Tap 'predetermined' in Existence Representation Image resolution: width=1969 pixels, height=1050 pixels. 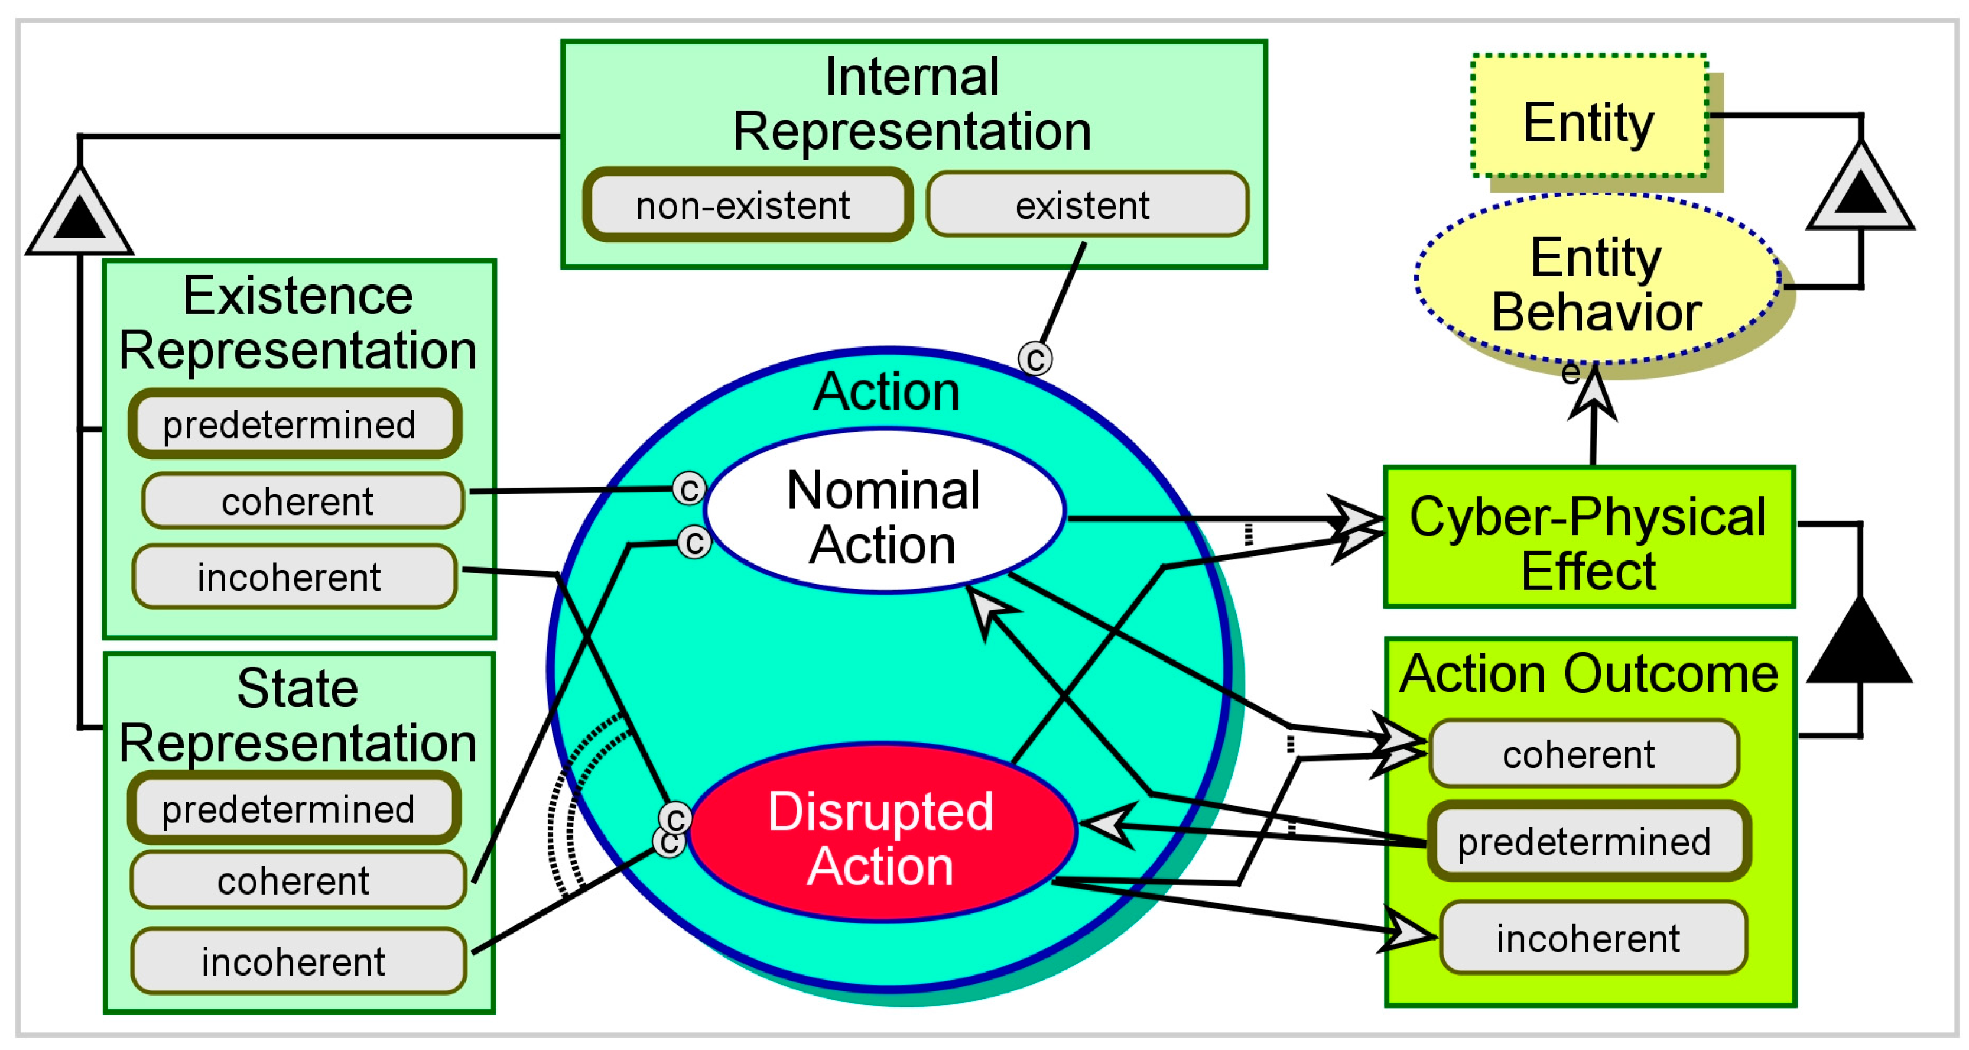click(x=294, y=424)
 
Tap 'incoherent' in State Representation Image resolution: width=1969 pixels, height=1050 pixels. click(x=298, y=961)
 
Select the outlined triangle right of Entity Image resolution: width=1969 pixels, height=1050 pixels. click(x=1860, y=191)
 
